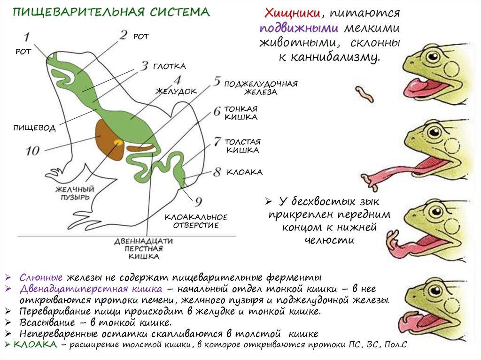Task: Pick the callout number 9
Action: tap(199, 202)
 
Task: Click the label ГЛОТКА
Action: tap(169, 66)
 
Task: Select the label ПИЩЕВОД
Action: tap(34, 128)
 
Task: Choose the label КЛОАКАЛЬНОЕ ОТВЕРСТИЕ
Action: tap(196, 221)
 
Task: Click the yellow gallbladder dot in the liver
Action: tap(117, 142)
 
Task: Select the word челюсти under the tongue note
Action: tap(328, 239)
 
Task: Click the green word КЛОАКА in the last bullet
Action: tap(35, 345)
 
